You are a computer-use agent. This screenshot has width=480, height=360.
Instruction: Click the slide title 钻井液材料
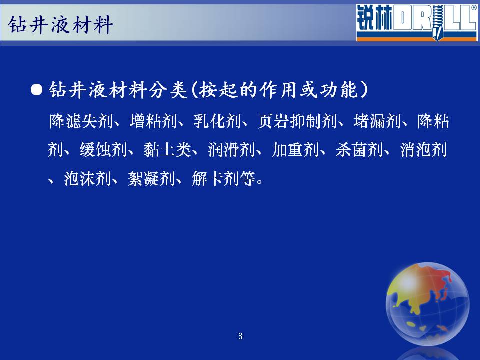(60, 25)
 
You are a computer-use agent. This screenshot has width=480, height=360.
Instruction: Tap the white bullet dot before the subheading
(36, 90)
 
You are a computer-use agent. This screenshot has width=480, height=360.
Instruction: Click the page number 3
(240, 336)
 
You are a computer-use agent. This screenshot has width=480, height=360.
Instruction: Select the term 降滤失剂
(81, 121)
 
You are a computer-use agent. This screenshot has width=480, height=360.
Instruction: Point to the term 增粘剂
(153, 121)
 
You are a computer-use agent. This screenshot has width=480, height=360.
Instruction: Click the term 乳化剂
(217, 121)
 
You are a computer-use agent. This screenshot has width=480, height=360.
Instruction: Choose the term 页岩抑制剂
(297, 121)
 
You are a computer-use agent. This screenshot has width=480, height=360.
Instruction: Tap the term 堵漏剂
(377, 121)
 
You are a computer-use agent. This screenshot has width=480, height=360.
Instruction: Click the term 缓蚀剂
(103, 150)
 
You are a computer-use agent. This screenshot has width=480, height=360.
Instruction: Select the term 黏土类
(168, 150)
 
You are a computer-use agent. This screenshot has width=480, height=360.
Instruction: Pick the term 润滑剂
(231, 150)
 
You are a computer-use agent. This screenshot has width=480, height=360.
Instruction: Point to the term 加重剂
(295, 150)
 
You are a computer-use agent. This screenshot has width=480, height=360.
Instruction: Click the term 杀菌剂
(359, 150)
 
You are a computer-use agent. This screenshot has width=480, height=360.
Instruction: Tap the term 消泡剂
(423, 150)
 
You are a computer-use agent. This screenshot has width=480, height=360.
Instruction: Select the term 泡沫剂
(87, 179)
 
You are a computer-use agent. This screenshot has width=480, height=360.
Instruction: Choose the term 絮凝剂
(151, 179)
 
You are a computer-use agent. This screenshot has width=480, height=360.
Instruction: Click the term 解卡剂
(215, 179)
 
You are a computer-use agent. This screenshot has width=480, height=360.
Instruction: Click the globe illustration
(427, 304)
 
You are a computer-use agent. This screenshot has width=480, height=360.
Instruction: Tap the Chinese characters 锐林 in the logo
(374, 18)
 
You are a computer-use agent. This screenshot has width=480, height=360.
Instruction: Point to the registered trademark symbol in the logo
(474, 8)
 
